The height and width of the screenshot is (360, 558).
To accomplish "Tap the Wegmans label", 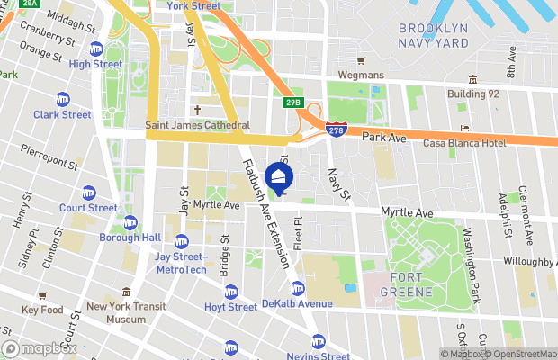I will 360,75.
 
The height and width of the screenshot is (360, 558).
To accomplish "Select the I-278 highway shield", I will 335,131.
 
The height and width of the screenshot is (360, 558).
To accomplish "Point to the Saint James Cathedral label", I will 197,126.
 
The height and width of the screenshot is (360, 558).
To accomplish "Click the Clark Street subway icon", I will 63,99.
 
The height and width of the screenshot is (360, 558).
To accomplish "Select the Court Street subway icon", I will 89,193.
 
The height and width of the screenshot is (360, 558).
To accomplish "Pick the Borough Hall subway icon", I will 130,222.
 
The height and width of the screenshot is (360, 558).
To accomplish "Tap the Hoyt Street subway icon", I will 231,292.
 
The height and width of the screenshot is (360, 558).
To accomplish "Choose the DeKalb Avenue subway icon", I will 298,289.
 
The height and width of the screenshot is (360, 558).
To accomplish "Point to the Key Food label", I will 42,310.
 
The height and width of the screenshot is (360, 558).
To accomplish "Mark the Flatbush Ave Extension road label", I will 266,212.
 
